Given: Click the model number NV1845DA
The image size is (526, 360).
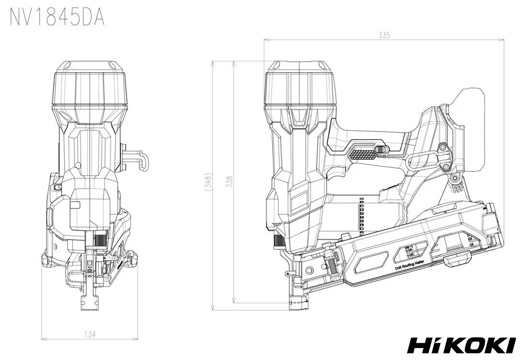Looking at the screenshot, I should (x=57, y=17).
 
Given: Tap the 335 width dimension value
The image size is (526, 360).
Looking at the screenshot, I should (x=384, y=35).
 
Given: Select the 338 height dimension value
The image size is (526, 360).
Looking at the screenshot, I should (x=229, y=182).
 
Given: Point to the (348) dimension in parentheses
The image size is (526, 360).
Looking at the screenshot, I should (x=207, y=182).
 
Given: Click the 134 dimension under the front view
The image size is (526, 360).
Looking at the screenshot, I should (x=90, y=335).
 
